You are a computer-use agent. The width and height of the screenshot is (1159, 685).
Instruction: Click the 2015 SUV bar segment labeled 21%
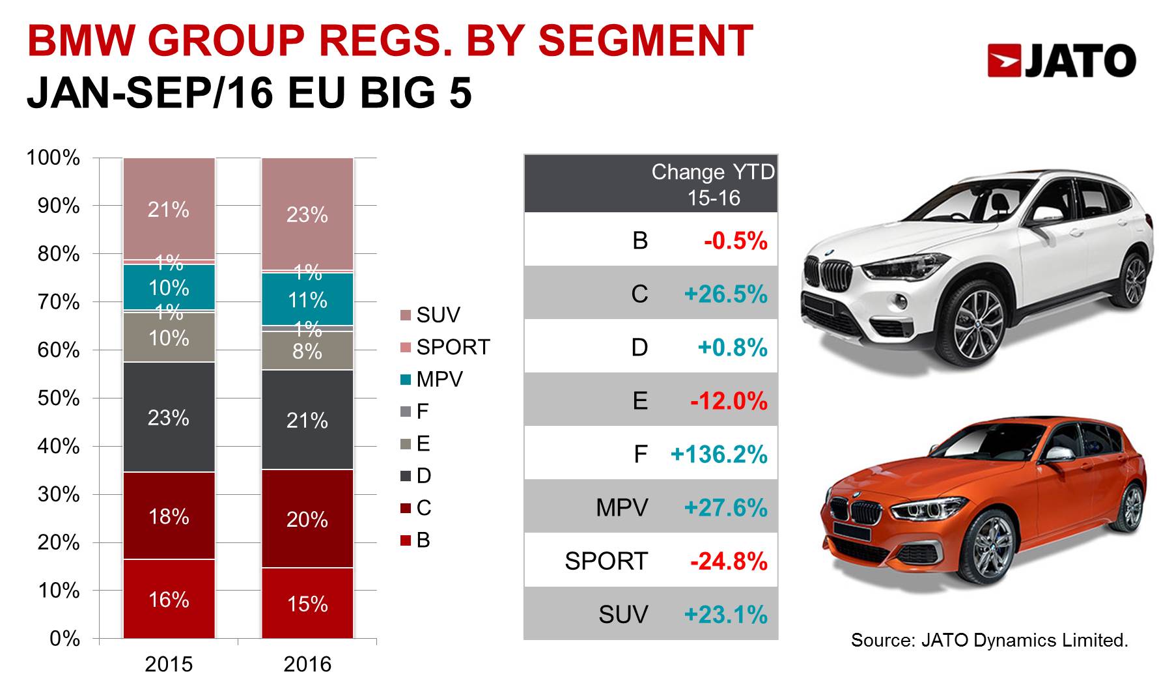[x=169, y=208]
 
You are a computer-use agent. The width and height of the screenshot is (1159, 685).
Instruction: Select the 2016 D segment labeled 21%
[x=307, y=419]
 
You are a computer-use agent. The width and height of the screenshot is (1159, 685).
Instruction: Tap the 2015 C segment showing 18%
[x=169, y=516]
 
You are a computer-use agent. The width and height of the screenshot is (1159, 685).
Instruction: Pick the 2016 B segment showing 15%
[x=307, y=603]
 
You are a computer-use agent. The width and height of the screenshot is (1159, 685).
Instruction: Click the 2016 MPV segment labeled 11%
[x=307, y=299]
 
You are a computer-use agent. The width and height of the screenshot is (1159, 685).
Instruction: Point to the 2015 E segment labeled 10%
[x=169, y=337]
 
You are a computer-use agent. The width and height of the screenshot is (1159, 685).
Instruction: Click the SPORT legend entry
[x=445, y=347]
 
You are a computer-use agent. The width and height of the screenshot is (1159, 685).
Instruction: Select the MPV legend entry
[x=432, y=379]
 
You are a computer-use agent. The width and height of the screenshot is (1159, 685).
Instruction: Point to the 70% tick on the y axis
[x=59, y=301]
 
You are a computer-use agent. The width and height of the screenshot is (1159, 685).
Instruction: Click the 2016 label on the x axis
[x=307, y=664]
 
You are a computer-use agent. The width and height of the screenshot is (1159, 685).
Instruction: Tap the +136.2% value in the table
[x=719, y=454]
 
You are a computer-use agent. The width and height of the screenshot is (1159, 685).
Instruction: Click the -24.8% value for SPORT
[x=729, y=561]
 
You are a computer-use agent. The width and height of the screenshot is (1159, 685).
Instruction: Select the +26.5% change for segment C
[x=725, y=294]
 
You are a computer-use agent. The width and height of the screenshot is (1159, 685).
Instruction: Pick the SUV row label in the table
[x=623, y=614]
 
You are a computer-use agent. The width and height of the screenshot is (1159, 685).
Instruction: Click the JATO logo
[x=1061, y=61]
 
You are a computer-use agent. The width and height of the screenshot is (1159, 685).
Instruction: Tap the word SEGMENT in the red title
[x=646, y=40]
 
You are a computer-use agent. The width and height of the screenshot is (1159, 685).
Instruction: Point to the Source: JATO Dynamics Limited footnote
[x=990, y=640]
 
